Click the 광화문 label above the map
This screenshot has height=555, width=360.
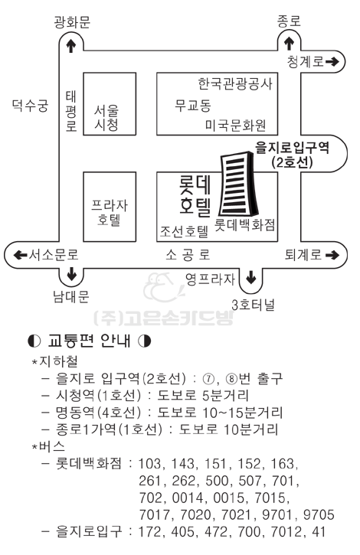coord(72,21)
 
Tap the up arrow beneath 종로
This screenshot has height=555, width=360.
coord(290,43)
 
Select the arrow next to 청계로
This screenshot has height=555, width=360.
coord(332,62)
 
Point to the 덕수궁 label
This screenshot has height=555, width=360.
coord(30,105)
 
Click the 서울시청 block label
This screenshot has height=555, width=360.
coord(106,118)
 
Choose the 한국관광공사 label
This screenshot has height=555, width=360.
coord(235,84)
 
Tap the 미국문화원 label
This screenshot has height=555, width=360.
coord(236,125)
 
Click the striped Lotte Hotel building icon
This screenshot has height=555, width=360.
coord(237,184)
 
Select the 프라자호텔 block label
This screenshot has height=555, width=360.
coord(109,212)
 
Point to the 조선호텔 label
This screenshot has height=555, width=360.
coord(185,231)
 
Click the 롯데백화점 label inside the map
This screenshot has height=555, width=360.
coord(245,224)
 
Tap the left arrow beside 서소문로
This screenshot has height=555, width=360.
coord(20,255)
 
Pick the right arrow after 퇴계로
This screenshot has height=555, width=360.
coord(332,255)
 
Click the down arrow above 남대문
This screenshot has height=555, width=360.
coord(71,274)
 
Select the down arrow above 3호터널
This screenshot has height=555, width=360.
coord(251,277)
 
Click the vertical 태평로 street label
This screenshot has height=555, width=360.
coord(71,111)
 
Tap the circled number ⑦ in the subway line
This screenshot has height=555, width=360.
coord(208,379)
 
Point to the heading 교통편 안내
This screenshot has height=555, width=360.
coord(90,341)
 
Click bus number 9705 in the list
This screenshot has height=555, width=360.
coord(319,514)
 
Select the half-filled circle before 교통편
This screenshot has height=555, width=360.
coord(34,341)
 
